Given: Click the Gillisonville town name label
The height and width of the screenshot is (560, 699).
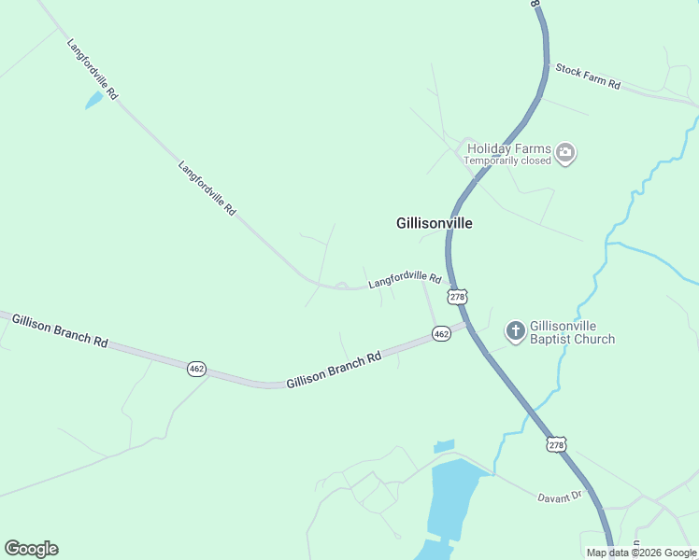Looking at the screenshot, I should pyautogui.click(x=435, y=224).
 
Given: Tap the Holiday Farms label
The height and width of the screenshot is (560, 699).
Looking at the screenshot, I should pyautogui.click(x=507, y=148).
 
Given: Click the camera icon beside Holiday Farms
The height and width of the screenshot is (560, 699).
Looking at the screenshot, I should pyautogui.click(x=564, y=153).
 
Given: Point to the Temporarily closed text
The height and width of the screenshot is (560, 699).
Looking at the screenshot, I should pyautogui.click(x=509, y=161).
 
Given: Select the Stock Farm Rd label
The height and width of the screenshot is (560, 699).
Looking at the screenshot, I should pyautogui.click(x=588, y=77).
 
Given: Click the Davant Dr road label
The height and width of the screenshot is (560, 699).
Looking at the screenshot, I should pyautogui.click(x=560, y=497).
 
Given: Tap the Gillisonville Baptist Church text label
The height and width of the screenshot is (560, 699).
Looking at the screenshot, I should pyautogui.click(x=572, y=332).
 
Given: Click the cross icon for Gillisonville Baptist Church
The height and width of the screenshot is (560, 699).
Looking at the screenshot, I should pyautogui.click(x=515, y=330).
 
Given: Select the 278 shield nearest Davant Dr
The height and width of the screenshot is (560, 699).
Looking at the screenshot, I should pyautogui.click(x=557, y=445).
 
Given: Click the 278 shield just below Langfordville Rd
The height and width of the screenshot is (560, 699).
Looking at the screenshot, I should pyautogui.click(x=457, y=297).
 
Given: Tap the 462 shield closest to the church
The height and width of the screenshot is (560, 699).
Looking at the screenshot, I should pyautogui.click(x=441, y=333).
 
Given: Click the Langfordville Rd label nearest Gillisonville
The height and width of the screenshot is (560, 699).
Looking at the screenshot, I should pyautogui.click(x=404, y=279).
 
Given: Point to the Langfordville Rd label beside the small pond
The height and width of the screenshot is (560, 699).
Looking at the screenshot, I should pyautogui.click(x=93, y=69).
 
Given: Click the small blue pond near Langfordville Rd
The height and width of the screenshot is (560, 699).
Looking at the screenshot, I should pyautogui.click(x=93, y=100).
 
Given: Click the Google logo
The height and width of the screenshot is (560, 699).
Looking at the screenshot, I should pyautogui.click(x=31, y=549).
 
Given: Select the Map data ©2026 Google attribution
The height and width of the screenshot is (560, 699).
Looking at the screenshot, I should pyautogui.click(x=641, y=553).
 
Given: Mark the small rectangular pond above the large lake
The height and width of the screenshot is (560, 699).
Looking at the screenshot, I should pyautogui.click(x=445, y=446).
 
